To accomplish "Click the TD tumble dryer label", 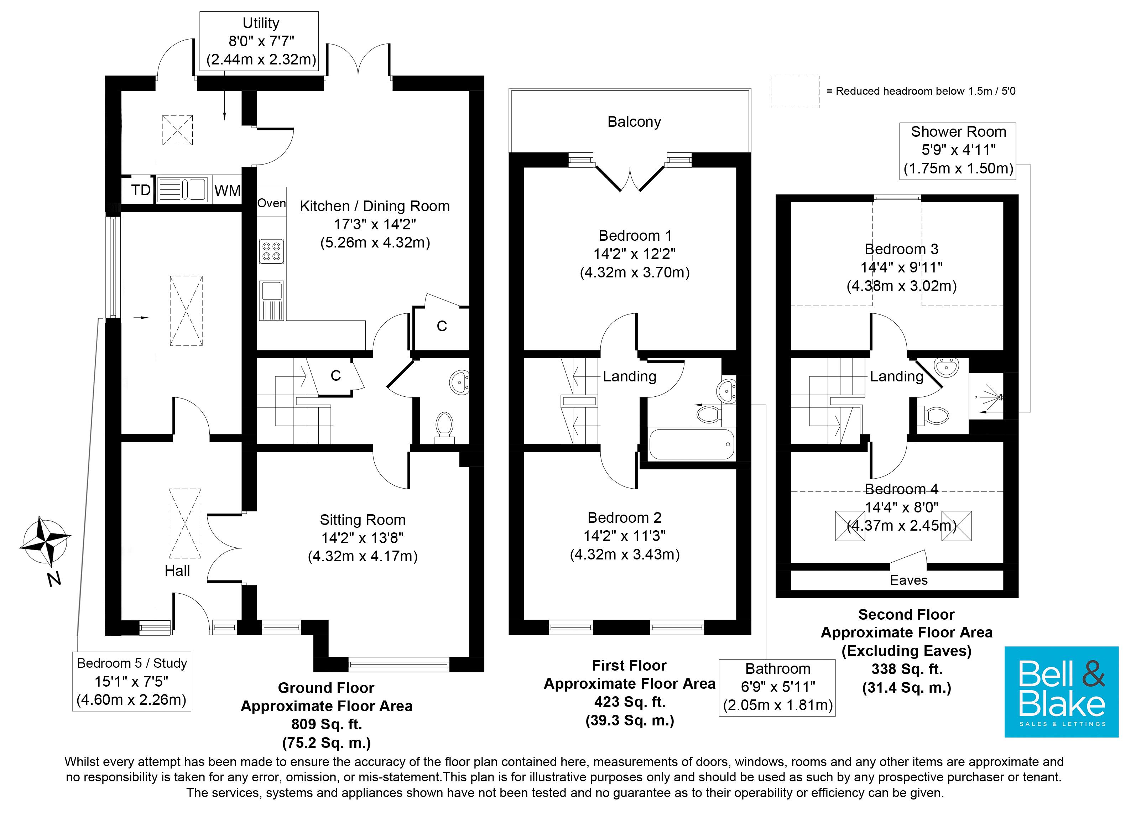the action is pyautogui.click(x=141, y=190).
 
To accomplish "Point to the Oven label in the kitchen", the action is pyautogui.click(x=271, y=203).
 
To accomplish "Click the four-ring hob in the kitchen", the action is pyautogui.click(x=271, y=251).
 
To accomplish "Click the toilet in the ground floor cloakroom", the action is pyautogui.click(x=444, y=427).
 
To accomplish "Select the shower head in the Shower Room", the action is pyautogui.click(x=999, y=397).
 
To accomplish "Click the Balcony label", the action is pyautogui.click(x=634, y=122).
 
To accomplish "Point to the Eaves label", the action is pyautogui.click(x=908, y=580).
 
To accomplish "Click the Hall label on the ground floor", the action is pyautogui.click(x=177, y=571).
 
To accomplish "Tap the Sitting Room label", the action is pyautogui.click(x=363, y=520).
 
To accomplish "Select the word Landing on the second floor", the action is pyautogui.click(x=897, y=376).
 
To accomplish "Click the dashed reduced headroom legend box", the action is pyautogui.click(x=795, y=92).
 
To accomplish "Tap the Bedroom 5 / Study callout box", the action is pyautogui.click(x=132, y=681).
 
